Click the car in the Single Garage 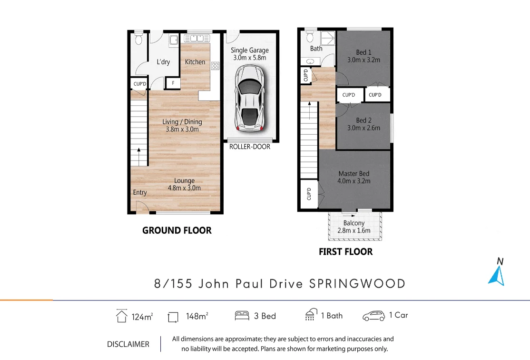tap(250, 99)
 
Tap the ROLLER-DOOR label tap(250, 147)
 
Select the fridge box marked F tap(173, 84)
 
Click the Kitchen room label tap(195, 62)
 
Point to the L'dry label tap(163, 62)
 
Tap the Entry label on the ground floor tap(140, 192)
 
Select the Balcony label tap(354, 223)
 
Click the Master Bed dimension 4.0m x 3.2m tap(354, 181)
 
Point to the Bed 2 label tap(364, 120)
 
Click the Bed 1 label tap(364, 52)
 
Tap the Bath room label tap(316, 49)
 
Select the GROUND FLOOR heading tap(177, 230)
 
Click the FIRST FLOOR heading tap(346, 251)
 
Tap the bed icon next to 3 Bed tap(242, 315)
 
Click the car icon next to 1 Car tap(373, 315)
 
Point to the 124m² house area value tap(142, 316)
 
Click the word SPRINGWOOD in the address tap(357, 284)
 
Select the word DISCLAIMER tap(128, 344)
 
